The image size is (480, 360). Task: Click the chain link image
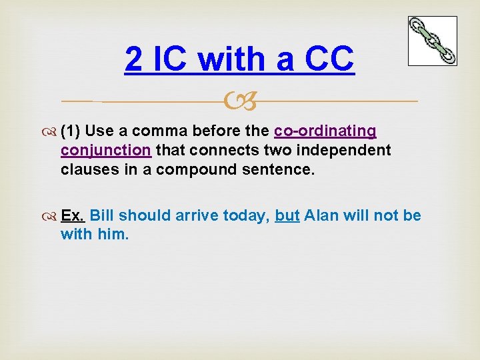[x=432, y=41]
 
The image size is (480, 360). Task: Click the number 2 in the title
[x=133, y=60]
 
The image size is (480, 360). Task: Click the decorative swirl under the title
[x=240, y=101]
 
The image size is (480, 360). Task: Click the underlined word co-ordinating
[x=325, y=130]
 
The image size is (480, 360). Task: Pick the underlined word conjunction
[x=106, y=150]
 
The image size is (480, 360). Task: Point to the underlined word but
[x=287, y=215]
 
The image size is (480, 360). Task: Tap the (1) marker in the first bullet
[x=71, y=130]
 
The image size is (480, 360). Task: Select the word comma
[x=160, y=130]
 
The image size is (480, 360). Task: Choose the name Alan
[x=322, y=215]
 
